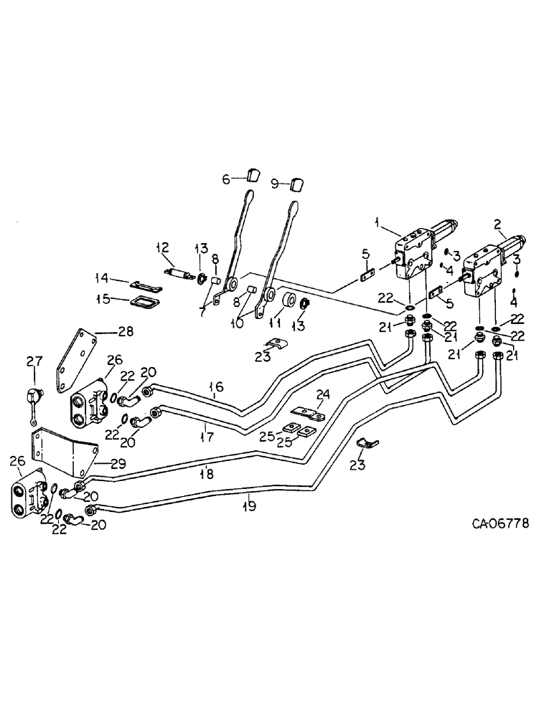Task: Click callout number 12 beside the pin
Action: pyautogui.click(x=161, y=247)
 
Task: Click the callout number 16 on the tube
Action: pyautogui.click(x=217, y=387)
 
